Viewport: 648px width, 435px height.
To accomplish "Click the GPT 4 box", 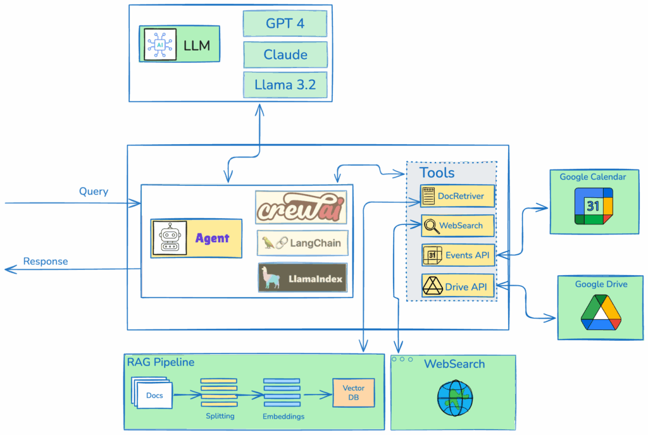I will (x=285, y=24).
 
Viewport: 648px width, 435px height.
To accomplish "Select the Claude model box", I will (x=285, y=55).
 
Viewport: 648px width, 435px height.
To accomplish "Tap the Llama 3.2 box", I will (x=285, y=85).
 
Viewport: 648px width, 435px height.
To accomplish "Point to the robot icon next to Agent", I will (x=170, y=238).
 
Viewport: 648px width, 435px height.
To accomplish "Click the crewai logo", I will (x=301, y=207).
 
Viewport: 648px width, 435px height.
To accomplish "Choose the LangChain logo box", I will (x=302, y=243).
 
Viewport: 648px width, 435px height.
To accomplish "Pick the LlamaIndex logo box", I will (x=302, y=278).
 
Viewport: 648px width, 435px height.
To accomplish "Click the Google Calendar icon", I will (x=593, y=206).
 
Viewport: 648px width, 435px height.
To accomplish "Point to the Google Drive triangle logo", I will (x=601, y=312).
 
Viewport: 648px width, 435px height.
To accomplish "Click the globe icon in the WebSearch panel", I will (x=455, y=397).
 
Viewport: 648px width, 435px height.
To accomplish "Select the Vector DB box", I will (x=354, y=393).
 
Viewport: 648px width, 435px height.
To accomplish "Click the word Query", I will (x=94, y=192).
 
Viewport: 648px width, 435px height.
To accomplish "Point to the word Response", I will (x=46, y=261).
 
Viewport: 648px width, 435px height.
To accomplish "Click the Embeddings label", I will (x=283, y=417).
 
